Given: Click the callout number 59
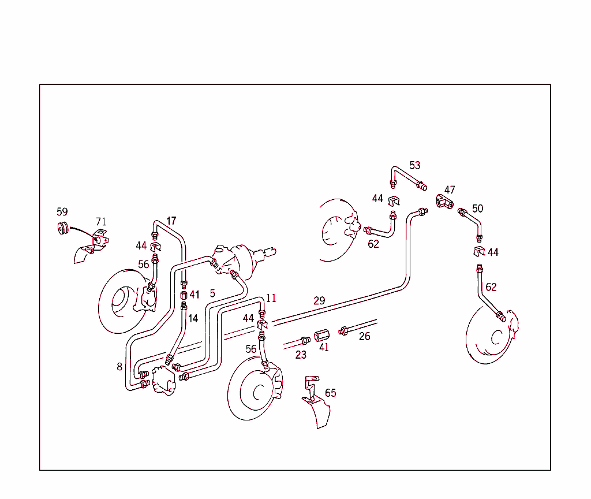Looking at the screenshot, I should coord(62,212).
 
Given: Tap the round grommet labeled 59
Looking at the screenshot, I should coord(62,228).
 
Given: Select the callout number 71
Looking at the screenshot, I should coord(101,221).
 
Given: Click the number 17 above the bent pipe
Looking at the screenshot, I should coord(171,221).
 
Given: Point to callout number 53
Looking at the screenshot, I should coord(415,165).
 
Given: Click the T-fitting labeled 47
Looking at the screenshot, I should coord(445,202).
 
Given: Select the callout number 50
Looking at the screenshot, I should coord(477,208).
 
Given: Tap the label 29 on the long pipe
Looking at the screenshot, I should coord(319,300).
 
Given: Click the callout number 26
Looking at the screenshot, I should coord(365,336).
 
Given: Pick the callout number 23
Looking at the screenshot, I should coord(301,355).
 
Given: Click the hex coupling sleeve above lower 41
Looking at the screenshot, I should coord(321,336).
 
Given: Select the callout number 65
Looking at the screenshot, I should coord(330,393).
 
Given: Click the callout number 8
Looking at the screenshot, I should coord(119,366).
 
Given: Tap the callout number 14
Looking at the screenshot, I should coord(193,318).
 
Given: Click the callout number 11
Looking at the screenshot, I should coord(271,298).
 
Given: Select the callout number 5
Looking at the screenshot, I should coord(212,293).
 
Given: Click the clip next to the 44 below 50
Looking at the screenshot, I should coord(478,251).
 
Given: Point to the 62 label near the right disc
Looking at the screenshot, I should coord(491,287).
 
